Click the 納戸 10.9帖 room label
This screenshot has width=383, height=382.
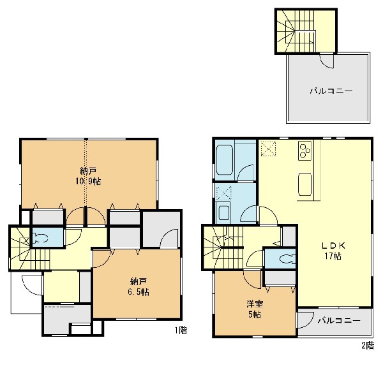[87, 176]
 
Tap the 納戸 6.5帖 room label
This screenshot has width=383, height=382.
[139, 287]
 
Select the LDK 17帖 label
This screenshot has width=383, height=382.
[333, 251]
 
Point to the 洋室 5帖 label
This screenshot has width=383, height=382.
[255, 309]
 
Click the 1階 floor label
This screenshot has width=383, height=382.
[181, 330]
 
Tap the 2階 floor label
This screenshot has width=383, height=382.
[368, 346]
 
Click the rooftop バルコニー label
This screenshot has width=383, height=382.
[331, 91]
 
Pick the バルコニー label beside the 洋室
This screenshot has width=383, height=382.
[339, 320]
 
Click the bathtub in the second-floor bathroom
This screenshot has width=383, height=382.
[224, 160]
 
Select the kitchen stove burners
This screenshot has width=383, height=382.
[304, 151]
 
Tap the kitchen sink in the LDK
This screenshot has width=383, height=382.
[305, 184]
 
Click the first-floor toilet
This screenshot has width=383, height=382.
[40, 239]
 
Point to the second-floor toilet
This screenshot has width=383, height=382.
[287, 259]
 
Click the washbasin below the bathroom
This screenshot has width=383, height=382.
[223, 213]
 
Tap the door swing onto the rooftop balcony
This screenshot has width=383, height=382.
[326, 61]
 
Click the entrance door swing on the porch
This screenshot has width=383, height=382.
[32, 285]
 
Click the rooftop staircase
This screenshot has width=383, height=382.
[296, 31]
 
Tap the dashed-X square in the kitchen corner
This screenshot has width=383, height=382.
[269, 149]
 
